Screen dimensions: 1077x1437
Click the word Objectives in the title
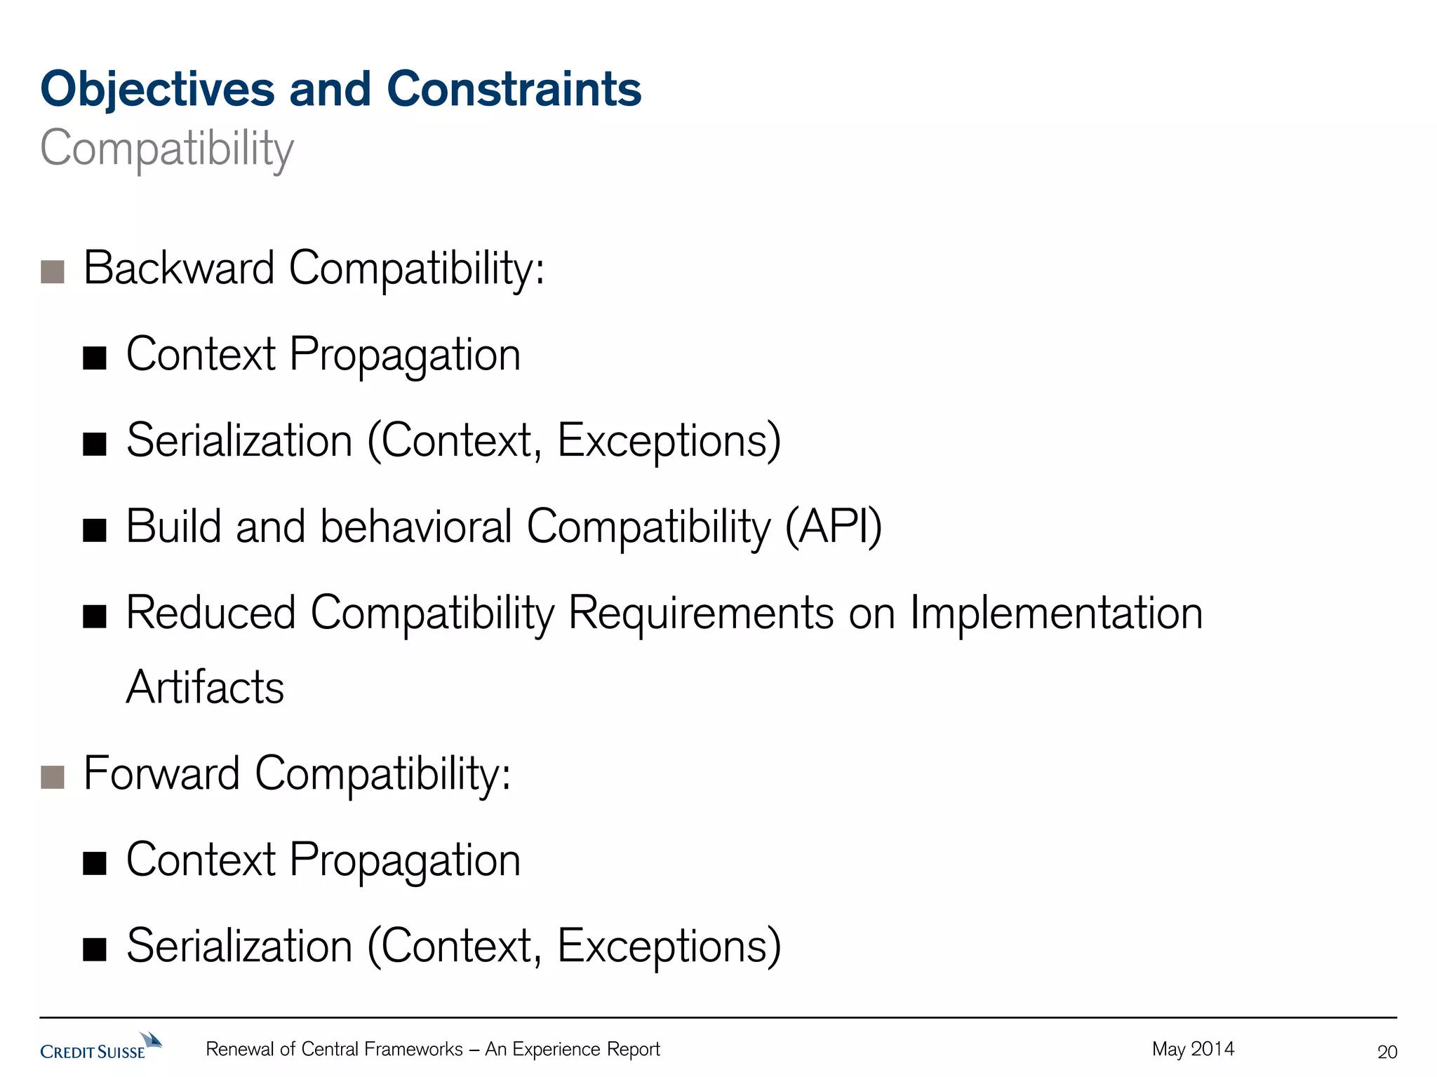157,90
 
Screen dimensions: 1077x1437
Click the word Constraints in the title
514,90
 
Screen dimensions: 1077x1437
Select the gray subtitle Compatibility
167,149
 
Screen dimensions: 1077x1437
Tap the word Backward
179,269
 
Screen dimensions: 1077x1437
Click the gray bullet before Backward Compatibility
53,271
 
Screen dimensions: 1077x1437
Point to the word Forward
161,774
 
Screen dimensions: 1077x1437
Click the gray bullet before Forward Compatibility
53,777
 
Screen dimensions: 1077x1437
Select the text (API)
833,527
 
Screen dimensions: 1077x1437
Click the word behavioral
416,527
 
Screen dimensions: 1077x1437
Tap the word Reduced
210,614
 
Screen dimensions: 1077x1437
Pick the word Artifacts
205,687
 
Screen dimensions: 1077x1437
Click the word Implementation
1056,614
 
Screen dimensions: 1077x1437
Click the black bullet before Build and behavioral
94,531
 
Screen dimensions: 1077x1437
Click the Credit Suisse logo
100,1047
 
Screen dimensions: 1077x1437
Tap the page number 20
1386,1052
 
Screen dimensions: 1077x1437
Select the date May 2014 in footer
1193,1049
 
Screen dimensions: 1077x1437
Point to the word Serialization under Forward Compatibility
239,947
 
